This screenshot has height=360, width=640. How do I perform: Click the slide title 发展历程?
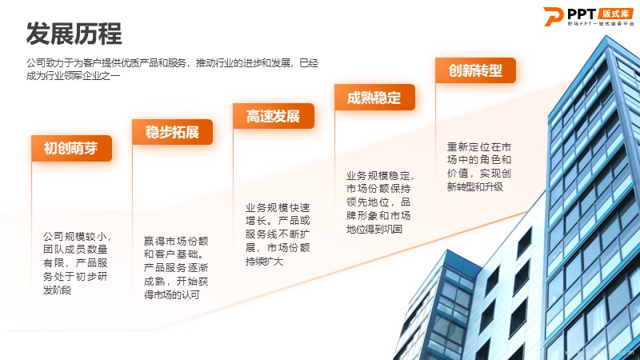74,34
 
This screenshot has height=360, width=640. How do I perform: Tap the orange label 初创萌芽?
71,148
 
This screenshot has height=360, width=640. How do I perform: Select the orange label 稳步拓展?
172,132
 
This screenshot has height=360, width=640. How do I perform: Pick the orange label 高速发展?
274,116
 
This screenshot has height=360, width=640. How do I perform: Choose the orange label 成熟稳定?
374,97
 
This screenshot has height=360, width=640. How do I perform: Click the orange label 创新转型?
475,70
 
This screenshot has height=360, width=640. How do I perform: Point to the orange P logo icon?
553,16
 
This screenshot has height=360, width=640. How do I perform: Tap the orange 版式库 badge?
616,14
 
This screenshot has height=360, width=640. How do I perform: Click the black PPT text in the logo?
582,14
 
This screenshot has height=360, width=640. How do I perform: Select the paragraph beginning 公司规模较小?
76,263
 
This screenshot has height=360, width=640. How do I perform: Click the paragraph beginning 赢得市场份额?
176,268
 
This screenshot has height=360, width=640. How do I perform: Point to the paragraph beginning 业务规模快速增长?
278,234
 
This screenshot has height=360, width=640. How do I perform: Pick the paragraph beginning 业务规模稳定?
379,202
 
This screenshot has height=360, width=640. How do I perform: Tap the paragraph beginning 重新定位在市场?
479,166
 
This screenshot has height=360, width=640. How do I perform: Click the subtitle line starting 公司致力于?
172,63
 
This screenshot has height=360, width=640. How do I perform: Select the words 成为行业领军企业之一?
73,76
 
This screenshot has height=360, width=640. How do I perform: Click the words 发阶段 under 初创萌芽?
57,290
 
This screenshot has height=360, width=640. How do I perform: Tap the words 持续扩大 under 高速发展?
264,262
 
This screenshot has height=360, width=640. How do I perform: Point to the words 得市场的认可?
172,294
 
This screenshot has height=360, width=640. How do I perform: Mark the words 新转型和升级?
475,187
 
